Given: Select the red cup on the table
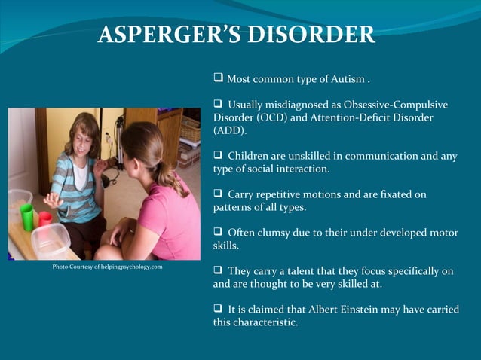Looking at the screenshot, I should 44,219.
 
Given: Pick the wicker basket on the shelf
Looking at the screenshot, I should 190,129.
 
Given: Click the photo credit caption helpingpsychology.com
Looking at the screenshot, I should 107,267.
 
